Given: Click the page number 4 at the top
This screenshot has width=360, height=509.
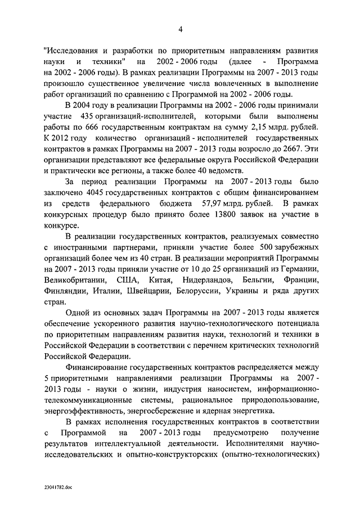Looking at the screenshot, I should [180, 29].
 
